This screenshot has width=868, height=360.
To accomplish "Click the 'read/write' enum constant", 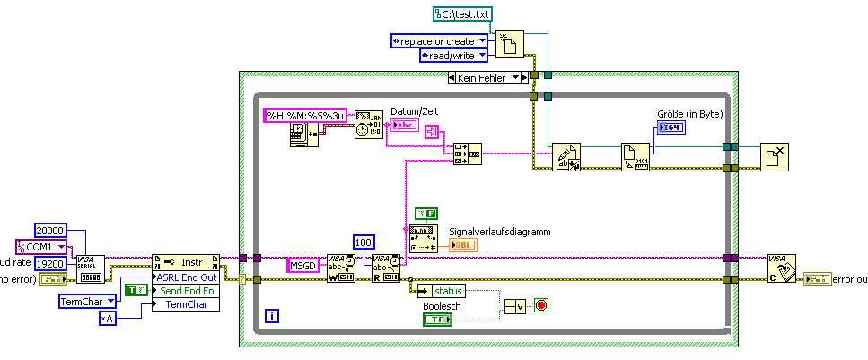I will coord(453,56).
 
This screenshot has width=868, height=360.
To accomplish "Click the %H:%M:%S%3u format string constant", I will coord(307,115).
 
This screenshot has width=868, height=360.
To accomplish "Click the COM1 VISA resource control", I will coord(41,246).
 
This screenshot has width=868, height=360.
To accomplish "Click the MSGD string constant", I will coord(305,265).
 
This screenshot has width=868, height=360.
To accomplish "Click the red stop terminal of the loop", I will coord(540,305).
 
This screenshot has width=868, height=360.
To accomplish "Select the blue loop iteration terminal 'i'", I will coord(272,315).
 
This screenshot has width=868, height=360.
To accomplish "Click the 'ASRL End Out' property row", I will coord(188,277).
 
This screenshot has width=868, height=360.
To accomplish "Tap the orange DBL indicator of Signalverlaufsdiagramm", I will coord(463,244).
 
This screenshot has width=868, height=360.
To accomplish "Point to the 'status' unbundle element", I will coord(448,291).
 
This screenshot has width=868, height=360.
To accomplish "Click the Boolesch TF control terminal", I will coord(438,319).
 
